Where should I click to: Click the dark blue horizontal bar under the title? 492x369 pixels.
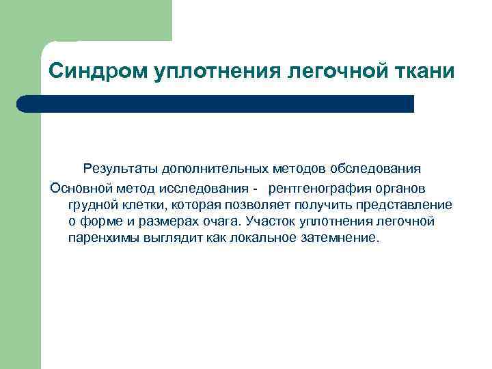(215, 104)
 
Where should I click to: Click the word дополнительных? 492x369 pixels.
(208, 168)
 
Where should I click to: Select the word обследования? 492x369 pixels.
(376, 168)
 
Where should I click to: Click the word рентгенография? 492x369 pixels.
(321, 187)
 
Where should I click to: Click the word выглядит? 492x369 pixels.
(165, 239)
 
